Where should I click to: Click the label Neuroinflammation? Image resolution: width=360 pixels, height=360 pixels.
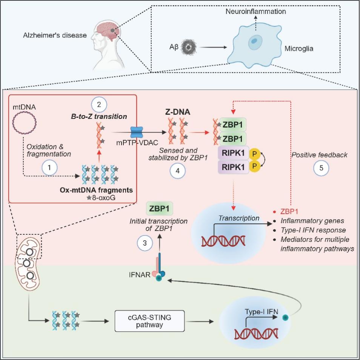(255, 12)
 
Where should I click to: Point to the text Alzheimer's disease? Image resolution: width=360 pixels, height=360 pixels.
(54, 35)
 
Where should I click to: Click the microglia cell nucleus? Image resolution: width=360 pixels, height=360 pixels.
(255, 42)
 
